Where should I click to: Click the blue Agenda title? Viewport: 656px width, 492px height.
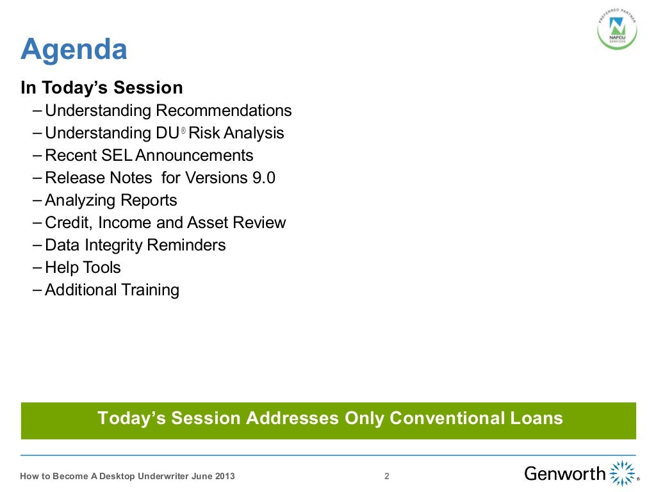pos(74,50)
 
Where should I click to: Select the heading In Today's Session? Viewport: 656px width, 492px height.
pos(102,88)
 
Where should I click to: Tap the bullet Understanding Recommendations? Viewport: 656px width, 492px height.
pos(168,111)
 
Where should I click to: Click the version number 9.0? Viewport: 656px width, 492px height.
pos(263,178)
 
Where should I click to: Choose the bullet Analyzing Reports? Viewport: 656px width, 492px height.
pos(111,201)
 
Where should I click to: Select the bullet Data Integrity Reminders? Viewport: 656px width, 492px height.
pos(135,245)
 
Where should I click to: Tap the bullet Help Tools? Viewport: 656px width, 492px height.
pos(83,268)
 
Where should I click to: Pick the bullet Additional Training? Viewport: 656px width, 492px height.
pos(112,290)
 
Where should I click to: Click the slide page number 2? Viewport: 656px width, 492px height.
pos(386,476)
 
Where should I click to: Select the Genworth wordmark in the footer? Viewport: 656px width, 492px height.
pos(564,474)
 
